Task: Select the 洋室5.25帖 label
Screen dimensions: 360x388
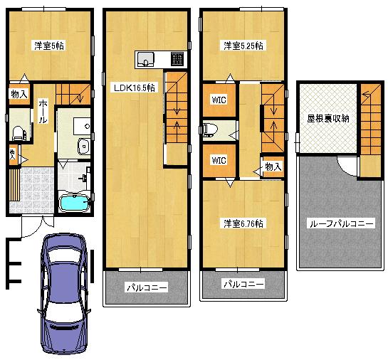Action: [243, 46]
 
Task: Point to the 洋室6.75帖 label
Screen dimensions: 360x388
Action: [243, 223]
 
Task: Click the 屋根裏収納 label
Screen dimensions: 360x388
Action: [328, 119]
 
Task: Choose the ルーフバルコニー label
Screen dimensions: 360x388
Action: [340, 223]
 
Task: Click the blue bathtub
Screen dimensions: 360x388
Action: [73, 203]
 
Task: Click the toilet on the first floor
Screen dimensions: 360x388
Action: [19, 132]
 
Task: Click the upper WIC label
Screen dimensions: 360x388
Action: [218, 100]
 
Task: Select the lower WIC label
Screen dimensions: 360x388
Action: [218, 160]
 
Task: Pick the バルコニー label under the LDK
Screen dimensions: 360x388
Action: [147, 287]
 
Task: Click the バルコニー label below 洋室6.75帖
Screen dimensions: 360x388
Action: [243, 283]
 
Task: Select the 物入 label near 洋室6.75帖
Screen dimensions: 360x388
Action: [271, 166]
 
